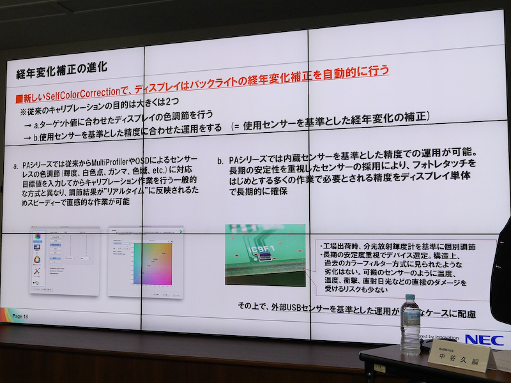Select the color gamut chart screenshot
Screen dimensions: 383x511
pos(145,261)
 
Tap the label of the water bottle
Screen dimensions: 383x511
pos(410,329)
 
